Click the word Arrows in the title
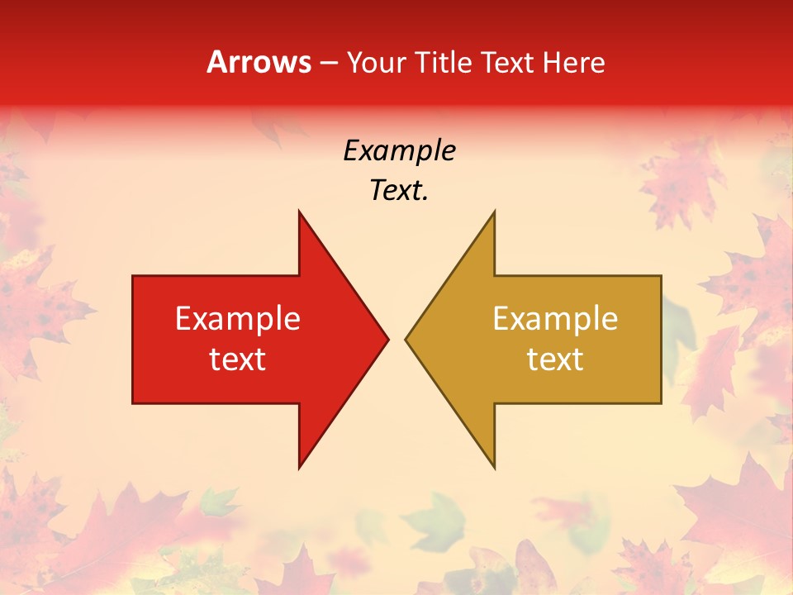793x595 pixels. click(x=259, y=63)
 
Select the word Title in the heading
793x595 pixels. click(x=444, y=63)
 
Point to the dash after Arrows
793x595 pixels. click(x=328, y=64)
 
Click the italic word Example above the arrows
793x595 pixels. click(x=399, y=151)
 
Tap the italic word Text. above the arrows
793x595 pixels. click(x=399, y=191)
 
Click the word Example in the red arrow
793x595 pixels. click(x=237, y=319)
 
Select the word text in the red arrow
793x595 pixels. click(x=237, y=359)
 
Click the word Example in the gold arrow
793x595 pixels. click(x=555, y=319)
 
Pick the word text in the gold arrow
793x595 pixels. click(x=555, y=359)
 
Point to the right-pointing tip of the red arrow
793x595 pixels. click(x=387, y=339)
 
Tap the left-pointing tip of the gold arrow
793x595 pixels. click(x=406, y=339)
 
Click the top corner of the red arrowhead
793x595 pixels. click(x=299, y=212)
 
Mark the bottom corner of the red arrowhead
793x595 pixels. click(x=299, y=468)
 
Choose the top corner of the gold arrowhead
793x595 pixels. click(x=494, y=212)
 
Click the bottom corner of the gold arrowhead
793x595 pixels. click(x=494, y=468)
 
